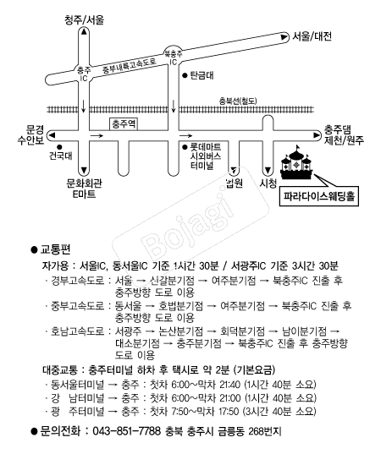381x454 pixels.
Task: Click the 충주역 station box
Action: point(124,124)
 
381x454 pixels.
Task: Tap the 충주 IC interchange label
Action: point(84,74)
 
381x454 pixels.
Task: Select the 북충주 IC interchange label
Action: point(173,57)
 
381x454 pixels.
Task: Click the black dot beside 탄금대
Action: point(185,75)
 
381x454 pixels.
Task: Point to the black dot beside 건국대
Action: point(60,147)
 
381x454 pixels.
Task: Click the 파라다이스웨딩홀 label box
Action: point(319,197)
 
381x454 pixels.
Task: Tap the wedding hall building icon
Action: point(296,163)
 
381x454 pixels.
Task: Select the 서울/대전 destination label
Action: point(312,36)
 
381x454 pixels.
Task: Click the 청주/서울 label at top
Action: point(84,20)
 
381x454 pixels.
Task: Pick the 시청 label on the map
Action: point(268,183)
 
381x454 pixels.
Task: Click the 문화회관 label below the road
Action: point(84,183)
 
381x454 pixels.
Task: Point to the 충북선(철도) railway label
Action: point(238,101)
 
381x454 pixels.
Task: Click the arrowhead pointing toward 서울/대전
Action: point(284,36)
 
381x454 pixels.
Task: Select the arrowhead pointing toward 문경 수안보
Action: point(52,135)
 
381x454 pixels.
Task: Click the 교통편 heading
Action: point(55,249)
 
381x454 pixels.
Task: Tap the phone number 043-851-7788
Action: point(126,431)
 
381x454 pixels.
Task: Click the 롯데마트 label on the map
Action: point(205,147)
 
